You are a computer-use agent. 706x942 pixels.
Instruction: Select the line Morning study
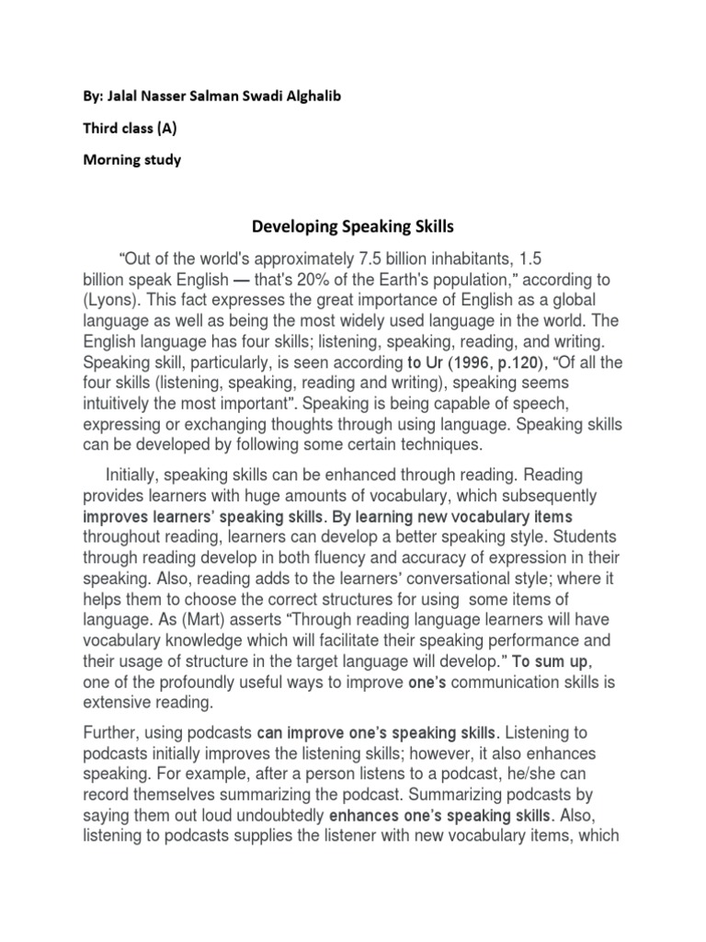point(133,159)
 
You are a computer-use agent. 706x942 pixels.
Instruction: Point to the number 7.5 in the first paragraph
point(378,258)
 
